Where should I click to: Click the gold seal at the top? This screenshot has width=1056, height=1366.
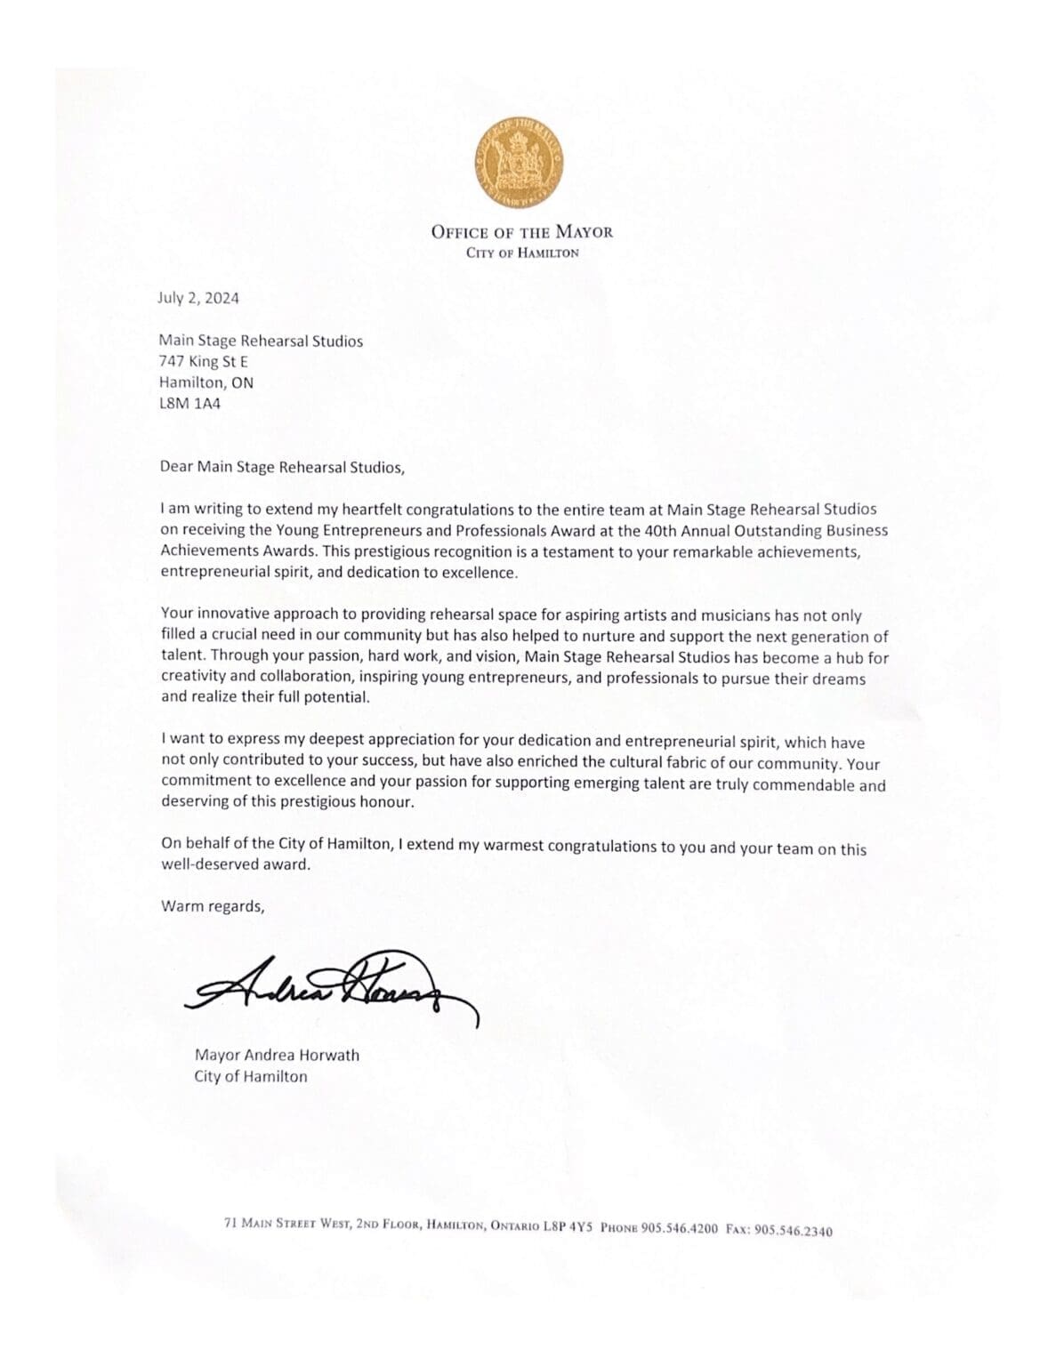tap(519, 160)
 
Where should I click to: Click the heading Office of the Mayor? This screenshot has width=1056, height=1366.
tap(521, 232)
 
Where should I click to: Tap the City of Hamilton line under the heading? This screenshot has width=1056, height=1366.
tap(522, 253)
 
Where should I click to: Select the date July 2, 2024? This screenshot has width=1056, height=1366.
tap(198, 298)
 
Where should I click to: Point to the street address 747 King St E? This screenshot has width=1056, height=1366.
tap(204, 361)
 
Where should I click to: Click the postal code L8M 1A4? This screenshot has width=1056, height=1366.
tap(189, 403)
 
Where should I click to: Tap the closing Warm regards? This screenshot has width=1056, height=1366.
tap(213, 906)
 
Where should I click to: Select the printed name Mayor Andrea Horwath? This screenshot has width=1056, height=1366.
tap(277, 1056)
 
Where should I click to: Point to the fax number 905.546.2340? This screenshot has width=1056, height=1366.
tap(793, 1231)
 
